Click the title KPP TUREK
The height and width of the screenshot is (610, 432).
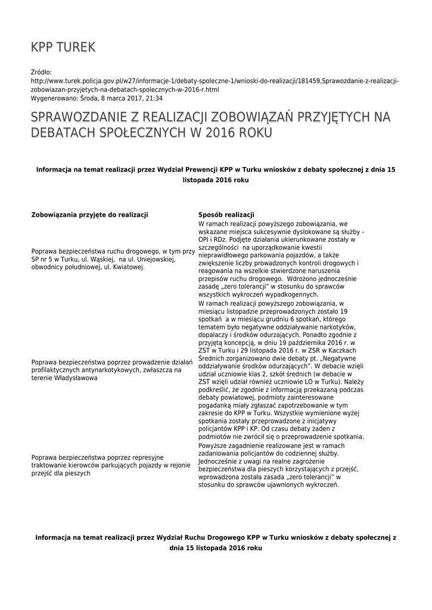point(63,47)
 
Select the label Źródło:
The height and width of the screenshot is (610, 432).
point(42,71)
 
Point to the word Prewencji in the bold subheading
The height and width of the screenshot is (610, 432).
point(198,169)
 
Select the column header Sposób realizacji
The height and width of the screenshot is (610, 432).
point(226,214)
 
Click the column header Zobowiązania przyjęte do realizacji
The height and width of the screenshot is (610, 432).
point(89,214)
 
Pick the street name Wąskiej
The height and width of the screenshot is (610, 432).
point(100,259)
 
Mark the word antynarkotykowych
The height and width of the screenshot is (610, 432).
point(100,370)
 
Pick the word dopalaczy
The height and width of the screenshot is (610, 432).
point(212,335)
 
